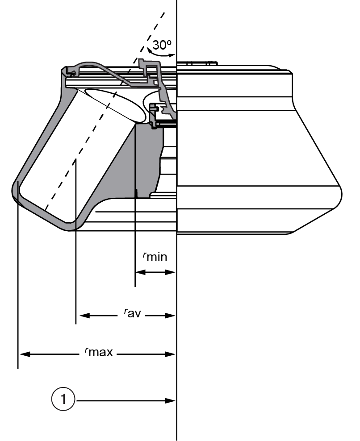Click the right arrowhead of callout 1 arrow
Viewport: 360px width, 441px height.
click(x=171, y=400)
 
